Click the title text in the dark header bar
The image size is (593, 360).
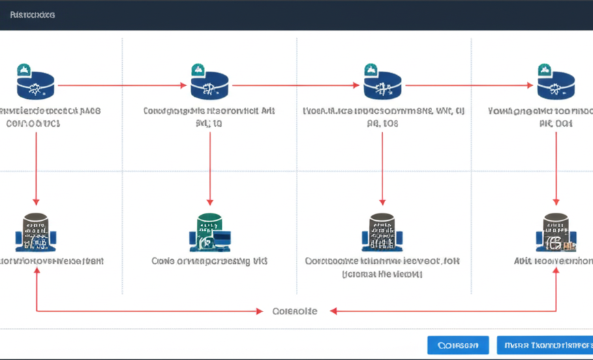[33, 14]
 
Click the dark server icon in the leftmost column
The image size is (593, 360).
[36, 232]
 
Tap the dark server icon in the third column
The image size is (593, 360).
[382, 232]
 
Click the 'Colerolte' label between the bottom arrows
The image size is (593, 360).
[294, 311]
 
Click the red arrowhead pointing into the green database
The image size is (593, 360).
[209, 202]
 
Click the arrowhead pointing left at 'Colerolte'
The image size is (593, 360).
[332, 312]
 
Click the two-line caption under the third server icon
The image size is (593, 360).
[382, 267]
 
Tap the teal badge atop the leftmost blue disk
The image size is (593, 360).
[23, 69]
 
